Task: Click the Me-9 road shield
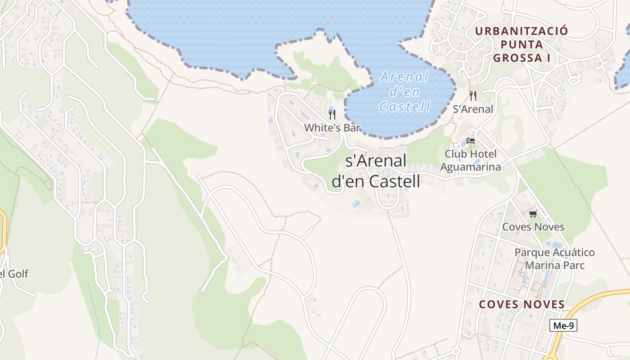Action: [563, 325]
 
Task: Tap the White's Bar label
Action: [332, 128]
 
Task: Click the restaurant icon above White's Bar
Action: [332, 114]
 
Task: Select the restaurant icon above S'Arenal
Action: [472, 95]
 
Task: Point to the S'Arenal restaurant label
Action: [472, 109]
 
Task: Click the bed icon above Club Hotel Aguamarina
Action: [471, 141]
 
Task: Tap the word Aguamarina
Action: [470, 167]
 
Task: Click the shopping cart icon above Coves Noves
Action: [533, 214]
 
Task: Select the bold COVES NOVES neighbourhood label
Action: [522, 305]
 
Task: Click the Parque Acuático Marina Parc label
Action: [554, 259]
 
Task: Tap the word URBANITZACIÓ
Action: [522, 31]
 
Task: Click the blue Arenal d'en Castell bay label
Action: [405, 91]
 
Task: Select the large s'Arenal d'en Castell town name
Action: [376, 171]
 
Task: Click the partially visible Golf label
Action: [14, 274]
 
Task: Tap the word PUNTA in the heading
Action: [522, 45]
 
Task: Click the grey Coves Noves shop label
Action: [533, 227]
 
